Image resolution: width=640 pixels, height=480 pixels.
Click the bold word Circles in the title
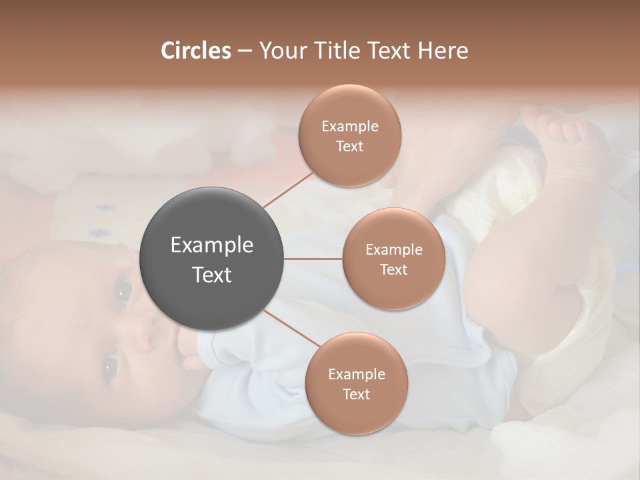point(195,51)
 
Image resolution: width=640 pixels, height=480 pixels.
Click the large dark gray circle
point(211,259)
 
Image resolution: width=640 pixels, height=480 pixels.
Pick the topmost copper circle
point(350,135)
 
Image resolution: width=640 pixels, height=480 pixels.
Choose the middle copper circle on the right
point(394,259)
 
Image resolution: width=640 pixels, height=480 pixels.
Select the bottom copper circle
point(356,383)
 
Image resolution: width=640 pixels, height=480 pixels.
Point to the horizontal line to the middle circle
point(313,259)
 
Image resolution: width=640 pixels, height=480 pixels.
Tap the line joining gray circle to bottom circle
point(291,329)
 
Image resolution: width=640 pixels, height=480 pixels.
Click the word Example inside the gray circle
point(211,245)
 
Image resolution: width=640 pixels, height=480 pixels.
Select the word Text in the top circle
point(350,147)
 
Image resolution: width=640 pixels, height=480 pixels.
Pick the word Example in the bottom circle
point(356,374)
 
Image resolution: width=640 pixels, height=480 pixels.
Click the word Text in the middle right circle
point(394,270)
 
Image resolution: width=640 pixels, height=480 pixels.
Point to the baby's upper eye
point(124,291)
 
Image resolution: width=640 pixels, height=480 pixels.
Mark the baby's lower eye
point(109,365)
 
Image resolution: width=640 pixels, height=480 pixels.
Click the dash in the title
point(244,51)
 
